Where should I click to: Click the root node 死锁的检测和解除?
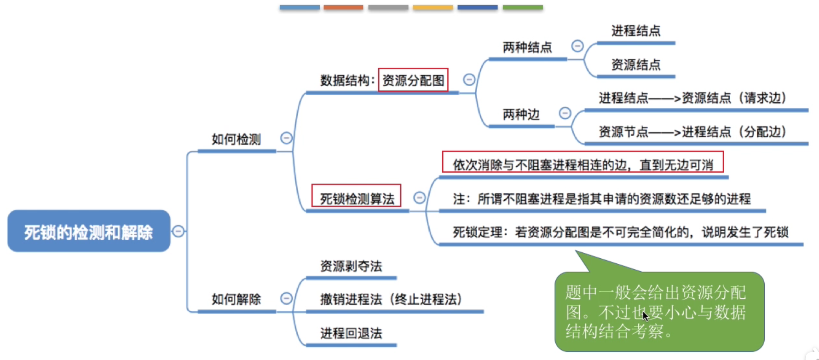(89, 231)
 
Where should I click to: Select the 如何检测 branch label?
(236, 139)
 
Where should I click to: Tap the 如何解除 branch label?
(236, 299)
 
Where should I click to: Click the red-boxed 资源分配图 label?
(413, 80)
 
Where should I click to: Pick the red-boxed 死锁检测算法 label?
(357, 198)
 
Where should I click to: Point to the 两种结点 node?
(527, 47)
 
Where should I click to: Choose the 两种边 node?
(521, 114)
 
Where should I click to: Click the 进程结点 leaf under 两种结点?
(636, 31)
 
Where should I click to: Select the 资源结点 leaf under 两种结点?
(636, 64)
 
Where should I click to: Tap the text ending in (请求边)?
(692, 98)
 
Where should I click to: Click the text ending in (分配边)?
(692, 132)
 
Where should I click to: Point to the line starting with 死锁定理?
(621, 232)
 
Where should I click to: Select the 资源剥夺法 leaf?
(351, 266)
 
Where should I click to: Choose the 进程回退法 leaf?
(351, 333)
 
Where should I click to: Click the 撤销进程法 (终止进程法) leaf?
(391, 299)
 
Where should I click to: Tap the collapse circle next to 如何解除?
(286, 298)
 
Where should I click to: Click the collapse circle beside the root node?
(179, 231)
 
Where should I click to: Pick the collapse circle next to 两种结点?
(577, 46)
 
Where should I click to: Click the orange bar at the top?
(343, 7)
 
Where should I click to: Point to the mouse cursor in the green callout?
(645, 316)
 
